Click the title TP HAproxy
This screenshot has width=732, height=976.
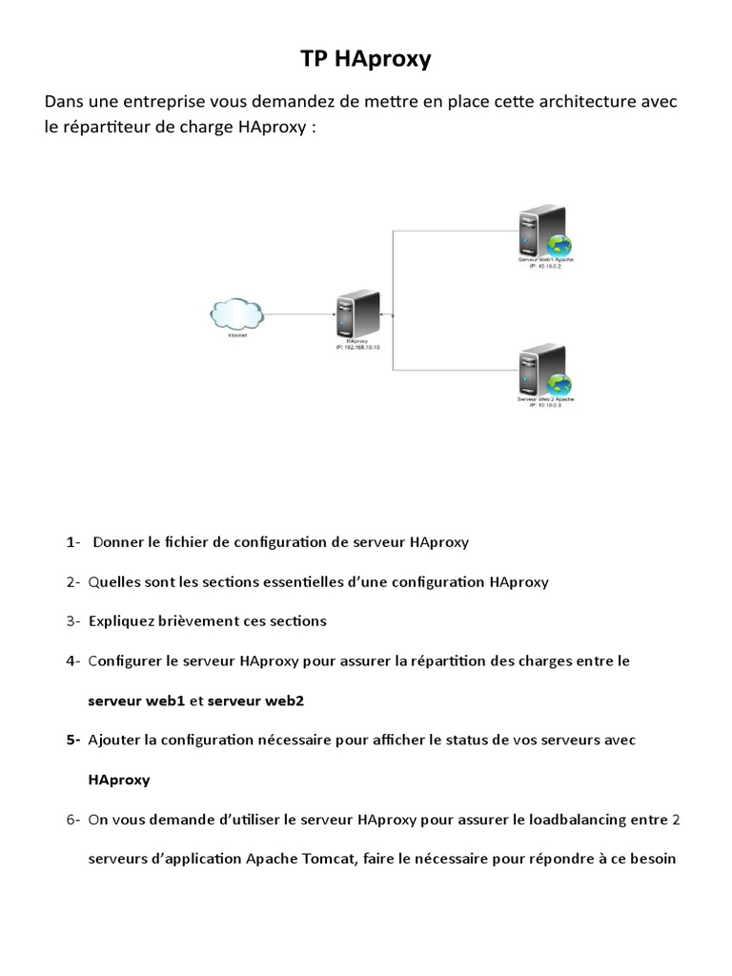coord(366,59)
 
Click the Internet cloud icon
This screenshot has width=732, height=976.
coord(236,313)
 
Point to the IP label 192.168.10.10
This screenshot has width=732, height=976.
coord(358,348)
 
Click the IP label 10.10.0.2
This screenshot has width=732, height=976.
coord(544,266)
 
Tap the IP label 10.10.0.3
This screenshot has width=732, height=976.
coord(544,405)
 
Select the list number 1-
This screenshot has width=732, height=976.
coord(73,542)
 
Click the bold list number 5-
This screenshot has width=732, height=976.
coord(73,740)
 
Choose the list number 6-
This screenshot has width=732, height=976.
coord(73,819)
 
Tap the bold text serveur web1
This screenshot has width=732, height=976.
coord(136,701)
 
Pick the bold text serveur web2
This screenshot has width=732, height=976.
coord(255,701)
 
